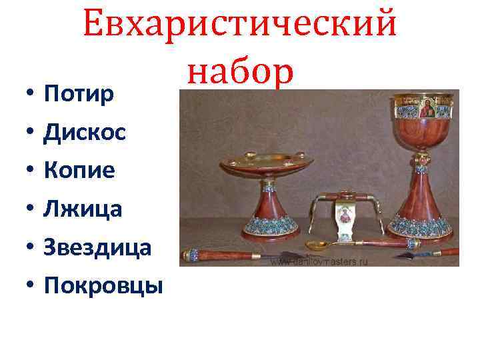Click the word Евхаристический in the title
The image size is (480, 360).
click(x=240, y=25)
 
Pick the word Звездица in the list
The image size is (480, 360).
click(x=97, y=247)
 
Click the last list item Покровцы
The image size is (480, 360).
click(x=103, y=285)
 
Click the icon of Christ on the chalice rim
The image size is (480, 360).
click(x=425, y=109)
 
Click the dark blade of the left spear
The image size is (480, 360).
click(x=280, y=257)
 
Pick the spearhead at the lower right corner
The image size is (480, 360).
click(x=409, y=254)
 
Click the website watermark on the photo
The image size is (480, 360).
click(x=319, y=261)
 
